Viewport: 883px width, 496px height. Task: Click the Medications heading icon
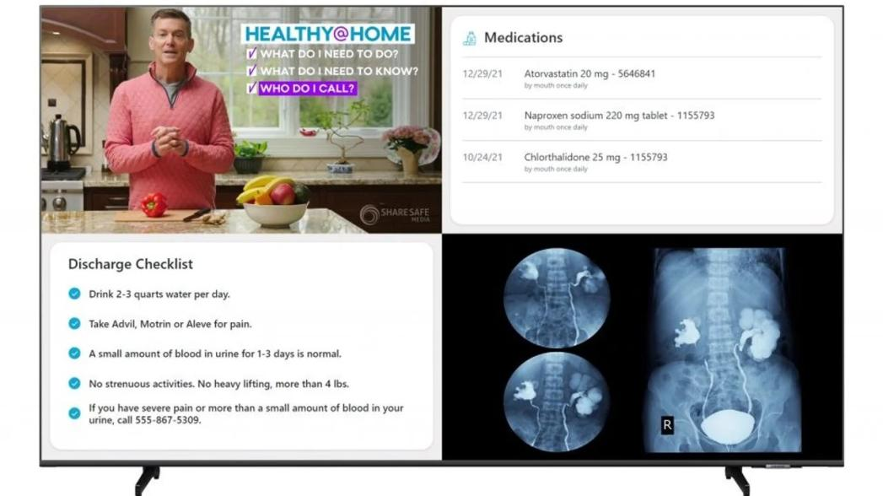point(469,38)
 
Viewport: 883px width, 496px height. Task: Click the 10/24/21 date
point(482,158)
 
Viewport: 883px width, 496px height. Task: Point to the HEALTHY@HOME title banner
point(328,34)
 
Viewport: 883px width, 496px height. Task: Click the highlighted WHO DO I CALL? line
point(308,89)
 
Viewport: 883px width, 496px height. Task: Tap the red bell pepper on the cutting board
point(153,204)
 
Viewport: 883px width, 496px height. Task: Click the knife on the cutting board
point(197,214)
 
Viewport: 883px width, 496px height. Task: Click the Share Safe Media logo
point(394,214)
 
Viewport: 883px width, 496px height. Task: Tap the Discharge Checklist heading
point(131,264)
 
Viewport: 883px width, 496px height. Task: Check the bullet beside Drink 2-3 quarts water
point(74,294)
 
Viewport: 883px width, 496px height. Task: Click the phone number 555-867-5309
point(168,420)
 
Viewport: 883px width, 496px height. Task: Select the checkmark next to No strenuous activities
point(74,384)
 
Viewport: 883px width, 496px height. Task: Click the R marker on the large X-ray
point(667,425)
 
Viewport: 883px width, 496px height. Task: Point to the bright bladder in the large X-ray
point(728,426)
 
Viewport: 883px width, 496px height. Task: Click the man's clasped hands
point(169,141)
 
